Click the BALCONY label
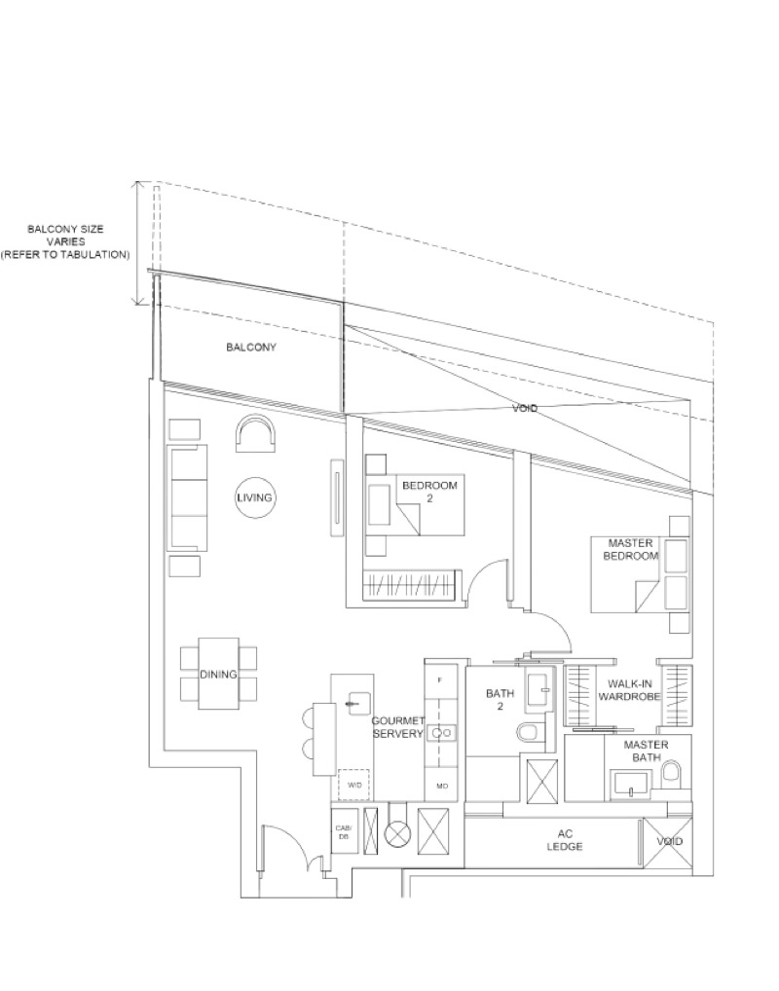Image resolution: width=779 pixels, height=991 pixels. (x=251, y=348)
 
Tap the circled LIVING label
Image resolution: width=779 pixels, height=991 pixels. (x=254, y=497)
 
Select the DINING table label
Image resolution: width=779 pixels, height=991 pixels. (x=218, y=674)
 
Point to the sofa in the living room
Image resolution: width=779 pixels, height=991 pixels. (x=187, y=497)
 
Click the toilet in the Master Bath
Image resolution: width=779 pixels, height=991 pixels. (x=671, y=774)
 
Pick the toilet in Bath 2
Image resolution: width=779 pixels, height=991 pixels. (x=528, y=732)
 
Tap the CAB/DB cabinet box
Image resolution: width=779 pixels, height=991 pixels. (x=343, y=831)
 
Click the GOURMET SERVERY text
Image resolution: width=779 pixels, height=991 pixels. (x=397, y=727)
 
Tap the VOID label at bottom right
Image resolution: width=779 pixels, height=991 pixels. (x=669, y=841)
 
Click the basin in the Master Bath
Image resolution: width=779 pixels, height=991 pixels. (x=630, y=783)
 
